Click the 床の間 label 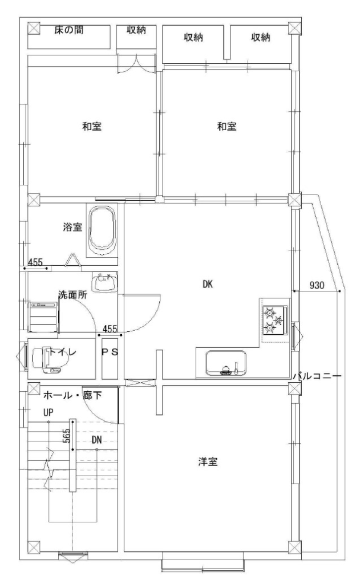coord(68,30)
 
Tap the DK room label coord(208,284)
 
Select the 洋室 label coord(208,462)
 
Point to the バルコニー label coord(317,376)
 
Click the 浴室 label coord(72,226)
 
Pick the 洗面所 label coord(72,295)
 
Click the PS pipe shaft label coord(110,352)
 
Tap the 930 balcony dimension coord(317,285)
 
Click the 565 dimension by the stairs coord(66,435)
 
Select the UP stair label coord(48,412)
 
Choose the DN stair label coord(96,440)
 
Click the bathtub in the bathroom coord(102,230)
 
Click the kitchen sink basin coord(226,362)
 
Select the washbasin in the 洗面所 coord(104,283)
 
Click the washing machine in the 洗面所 coord(44,317)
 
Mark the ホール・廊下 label coord(72,395)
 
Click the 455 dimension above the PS coord(110,329)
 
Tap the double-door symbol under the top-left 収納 coord(136,64)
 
